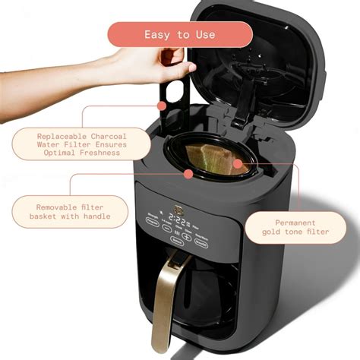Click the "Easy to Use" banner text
pyautogui.click(x=179, y=34)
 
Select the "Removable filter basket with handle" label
pyautogui.click(x=70, y=211)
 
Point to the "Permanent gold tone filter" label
pyautogui.click(x=297, y=226)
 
